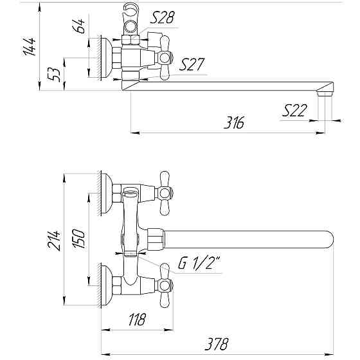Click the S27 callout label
(193, 64)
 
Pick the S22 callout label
(295, 112)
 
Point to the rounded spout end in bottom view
(327, 240)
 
